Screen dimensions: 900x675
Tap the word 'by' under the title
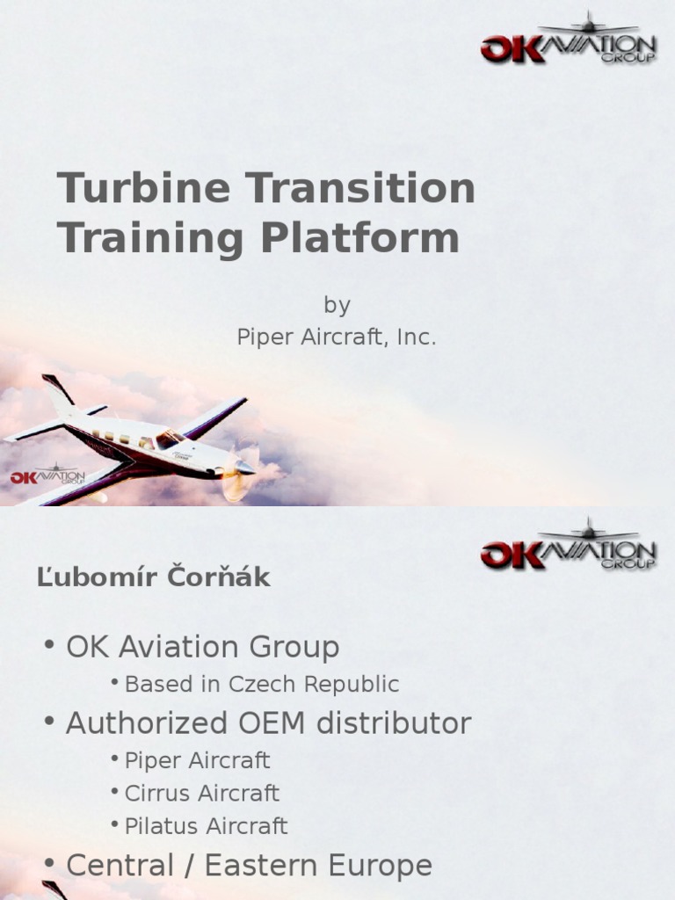pyautogui.click(x=337, y=305)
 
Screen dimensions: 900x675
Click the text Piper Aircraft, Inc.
pyautogui.click(x=337, y=337)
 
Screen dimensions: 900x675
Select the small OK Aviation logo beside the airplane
pyautogui.click(x=47, y=475)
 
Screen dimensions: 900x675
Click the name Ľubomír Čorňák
pyautogui.click(x=154, y=577)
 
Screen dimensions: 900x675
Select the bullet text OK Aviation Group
pyautogui.click(x=202, y=648)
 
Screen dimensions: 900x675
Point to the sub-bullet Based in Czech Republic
pyautogui.click(x=262, y=684)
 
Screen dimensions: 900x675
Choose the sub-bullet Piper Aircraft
pyautogui.click(x=197, y=760)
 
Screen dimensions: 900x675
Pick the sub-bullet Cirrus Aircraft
pyautogui.click(x=201, y=793)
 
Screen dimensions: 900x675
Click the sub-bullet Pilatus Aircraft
pyautogui.click(x=206, y=825)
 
